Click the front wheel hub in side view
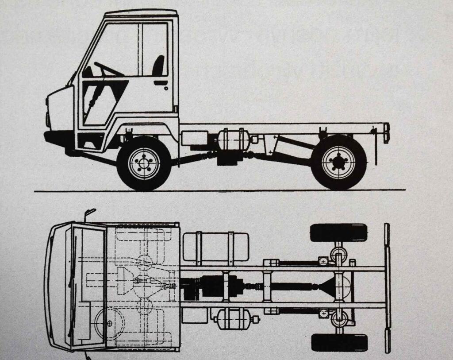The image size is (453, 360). [144, 163]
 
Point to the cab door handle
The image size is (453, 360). [161, 83]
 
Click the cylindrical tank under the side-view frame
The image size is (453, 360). [233, 140]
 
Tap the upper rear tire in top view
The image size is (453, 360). [338, 232]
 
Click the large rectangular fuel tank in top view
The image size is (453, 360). [215, 247]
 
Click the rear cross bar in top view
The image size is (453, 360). [387, 288]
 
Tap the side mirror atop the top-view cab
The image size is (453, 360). [90, 213]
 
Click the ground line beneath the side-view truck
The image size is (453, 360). [221, 190]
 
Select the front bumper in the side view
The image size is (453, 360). [58, 137]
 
